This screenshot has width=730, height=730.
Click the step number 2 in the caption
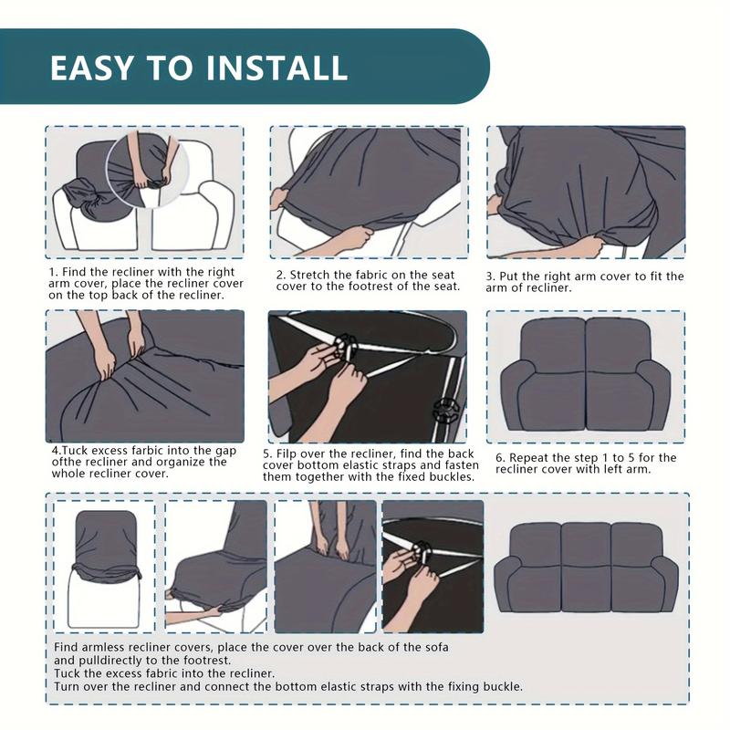[281, 274]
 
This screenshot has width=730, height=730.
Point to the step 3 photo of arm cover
[585, 192]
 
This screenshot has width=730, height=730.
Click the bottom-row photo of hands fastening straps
[432, 566]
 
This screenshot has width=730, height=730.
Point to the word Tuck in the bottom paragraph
[68, 673]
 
